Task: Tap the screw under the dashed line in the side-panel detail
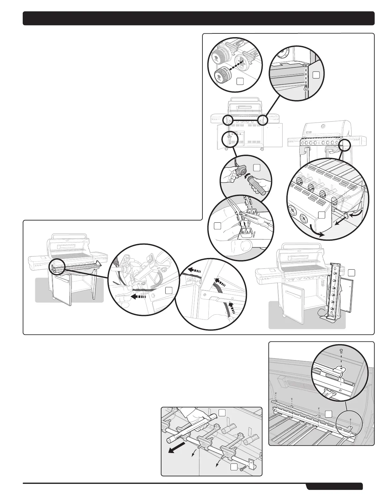[305, 89]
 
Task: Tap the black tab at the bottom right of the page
[334, 487]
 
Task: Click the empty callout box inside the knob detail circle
[240, 82]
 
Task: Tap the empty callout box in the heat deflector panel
[329, 414]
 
